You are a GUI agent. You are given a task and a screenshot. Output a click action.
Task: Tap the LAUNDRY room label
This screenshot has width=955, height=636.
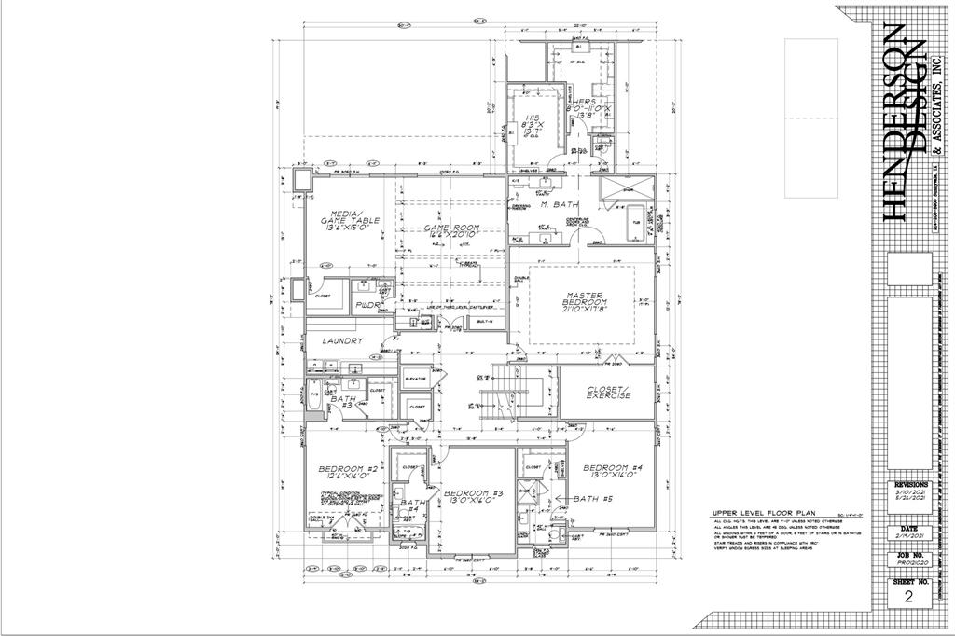[x=342, y=341]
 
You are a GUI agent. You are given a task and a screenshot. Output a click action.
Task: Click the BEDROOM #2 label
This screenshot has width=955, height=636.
[x=347, y=472]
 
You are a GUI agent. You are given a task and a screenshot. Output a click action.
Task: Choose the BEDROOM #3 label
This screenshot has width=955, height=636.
[x=473, y=496]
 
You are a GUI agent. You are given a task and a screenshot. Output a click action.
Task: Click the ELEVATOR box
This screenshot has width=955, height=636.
[x=415, y=380]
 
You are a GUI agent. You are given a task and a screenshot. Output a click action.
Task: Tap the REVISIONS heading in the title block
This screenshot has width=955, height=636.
[x=910, y=486]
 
